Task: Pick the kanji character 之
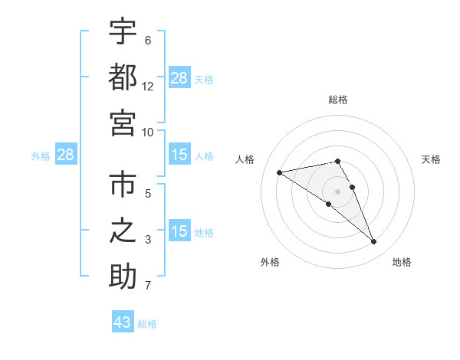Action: [123, 231]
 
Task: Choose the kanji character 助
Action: [123, 276]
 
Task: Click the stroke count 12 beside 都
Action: [148, 87]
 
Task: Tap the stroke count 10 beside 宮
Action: [148, 132]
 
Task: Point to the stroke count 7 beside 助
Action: [148, 286]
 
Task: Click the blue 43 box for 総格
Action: [123, 322]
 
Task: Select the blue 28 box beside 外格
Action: [66, 155]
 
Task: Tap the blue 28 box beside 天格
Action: [179, 78]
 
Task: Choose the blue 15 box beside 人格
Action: [179, 155]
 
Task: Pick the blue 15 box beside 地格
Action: [179, 231]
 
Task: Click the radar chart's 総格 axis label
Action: [338, 100]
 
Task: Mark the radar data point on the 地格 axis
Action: [374, 242]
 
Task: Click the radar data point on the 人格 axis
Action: [280, 172]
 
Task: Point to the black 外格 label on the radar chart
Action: [270, 262]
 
